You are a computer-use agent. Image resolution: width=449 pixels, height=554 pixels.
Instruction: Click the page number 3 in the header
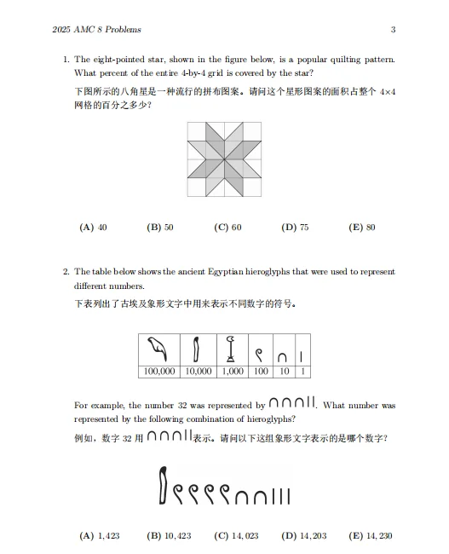tap(393, 31)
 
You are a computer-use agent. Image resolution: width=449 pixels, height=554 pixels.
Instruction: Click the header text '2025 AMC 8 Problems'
tap(96, 31)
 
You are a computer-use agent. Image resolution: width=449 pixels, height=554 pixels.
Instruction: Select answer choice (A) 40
tap(93, 228)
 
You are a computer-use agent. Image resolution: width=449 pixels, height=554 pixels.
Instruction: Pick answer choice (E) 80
tap(362, 228)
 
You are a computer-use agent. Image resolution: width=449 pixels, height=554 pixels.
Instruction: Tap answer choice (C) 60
tap(227, 228)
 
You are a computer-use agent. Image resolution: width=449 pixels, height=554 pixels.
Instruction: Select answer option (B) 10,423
tap(169, 536)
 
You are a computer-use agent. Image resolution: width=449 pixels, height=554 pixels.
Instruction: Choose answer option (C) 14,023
tap(235, 536)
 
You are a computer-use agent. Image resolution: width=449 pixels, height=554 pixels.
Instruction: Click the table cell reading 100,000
tap(159, 372)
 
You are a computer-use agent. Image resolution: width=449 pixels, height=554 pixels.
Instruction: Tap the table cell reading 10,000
tap(199, 372)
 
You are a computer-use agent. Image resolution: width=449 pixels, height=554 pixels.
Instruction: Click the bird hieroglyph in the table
tap(158, 350)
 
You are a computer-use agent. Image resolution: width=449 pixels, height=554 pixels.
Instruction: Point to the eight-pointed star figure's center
tap(224, 159)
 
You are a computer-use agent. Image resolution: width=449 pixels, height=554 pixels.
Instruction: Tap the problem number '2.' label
tap(66, 272)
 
